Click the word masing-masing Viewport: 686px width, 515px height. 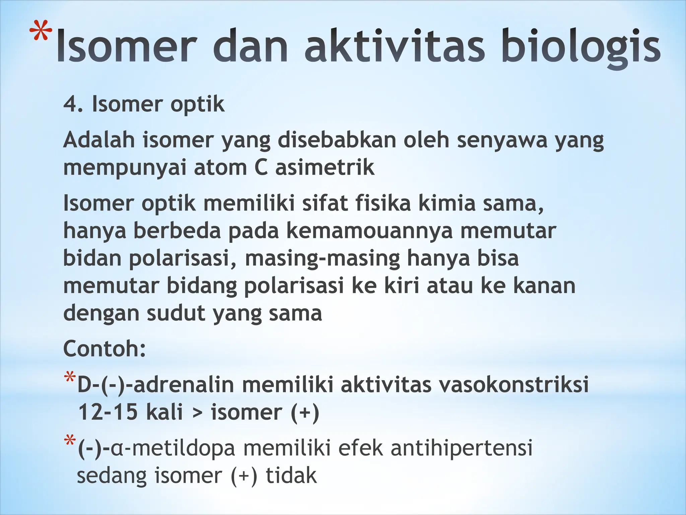pos(323,259)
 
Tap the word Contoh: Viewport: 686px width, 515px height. pos(105,349)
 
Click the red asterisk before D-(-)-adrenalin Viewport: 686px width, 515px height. pos(70,378)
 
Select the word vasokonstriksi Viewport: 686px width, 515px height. pos(514,385)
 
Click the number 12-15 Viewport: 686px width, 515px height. pos(108,412)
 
